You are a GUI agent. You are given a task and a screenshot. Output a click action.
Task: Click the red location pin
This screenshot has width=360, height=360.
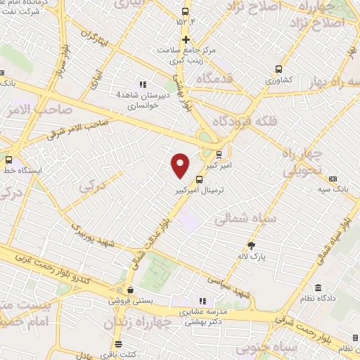[x=181, y=165]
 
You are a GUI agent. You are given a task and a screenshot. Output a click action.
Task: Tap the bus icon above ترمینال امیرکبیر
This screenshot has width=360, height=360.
[x=199, y=179]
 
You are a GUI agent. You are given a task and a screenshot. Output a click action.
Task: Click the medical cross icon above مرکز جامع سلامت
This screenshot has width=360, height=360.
[x=186, y=39]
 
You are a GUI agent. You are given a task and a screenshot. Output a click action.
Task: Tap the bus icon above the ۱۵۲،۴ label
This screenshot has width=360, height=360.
[x=186, y=11]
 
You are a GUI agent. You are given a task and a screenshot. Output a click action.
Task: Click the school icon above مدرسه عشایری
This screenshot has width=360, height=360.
[x=203, y=301]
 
